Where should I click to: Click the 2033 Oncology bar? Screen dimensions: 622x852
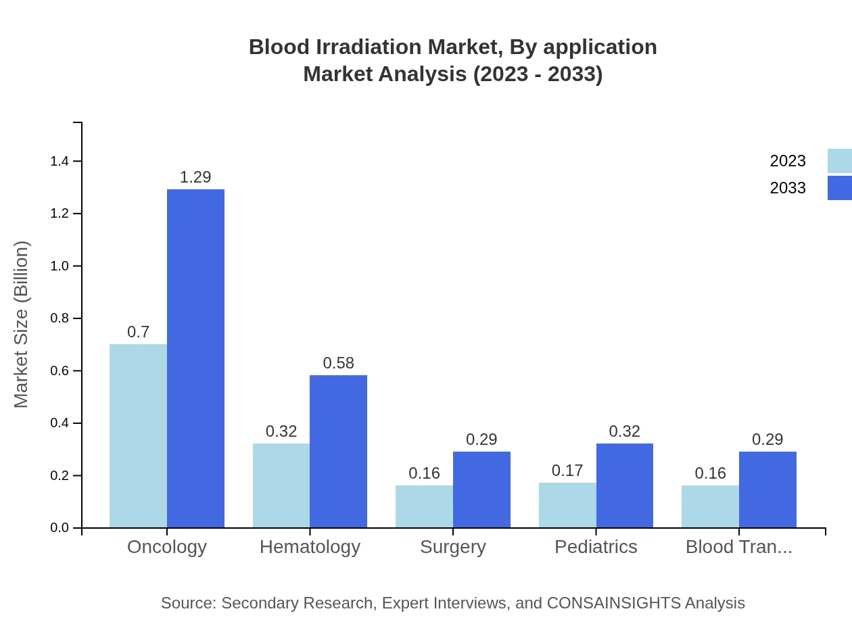[x=195, y=358]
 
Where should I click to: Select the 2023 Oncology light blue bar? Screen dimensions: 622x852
[x=138, y=436]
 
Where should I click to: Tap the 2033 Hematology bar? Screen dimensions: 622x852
[x=338, y=452]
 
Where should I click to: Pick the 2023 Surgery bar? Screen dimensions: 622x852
[x=424, y=506]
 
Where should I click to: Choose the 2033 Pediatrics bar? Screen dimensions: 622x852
[x=625, y=485]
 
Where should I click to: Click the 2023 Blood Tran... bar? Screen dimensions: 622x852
[x=710, y=506]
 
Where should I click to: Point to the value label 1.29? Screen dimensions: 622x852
[x=195, y=177]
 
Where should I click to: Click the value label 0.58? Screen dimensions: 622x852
[x=338, y=363]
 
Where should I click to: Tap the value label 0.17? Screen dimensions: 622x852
[x=567, y=471]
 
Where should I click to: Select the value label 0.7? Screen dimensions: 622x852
[x=138, y=332]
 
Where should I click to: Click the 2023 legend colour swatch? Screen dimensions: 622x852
[x=839, y=161]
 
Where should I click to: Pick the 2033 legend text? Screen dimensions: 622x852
[x=788, y=188]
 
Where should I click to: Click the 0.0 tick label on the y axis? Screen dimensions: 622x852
[x=60, y=528]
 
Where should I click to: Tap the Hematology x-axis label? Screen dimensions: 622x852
[x=310, y=547]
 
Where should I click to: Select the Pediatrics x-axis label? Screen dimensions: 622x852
[x=596, y=547]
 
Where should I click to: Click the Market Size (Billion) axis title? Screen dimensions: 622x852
[x=22, y=325]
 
